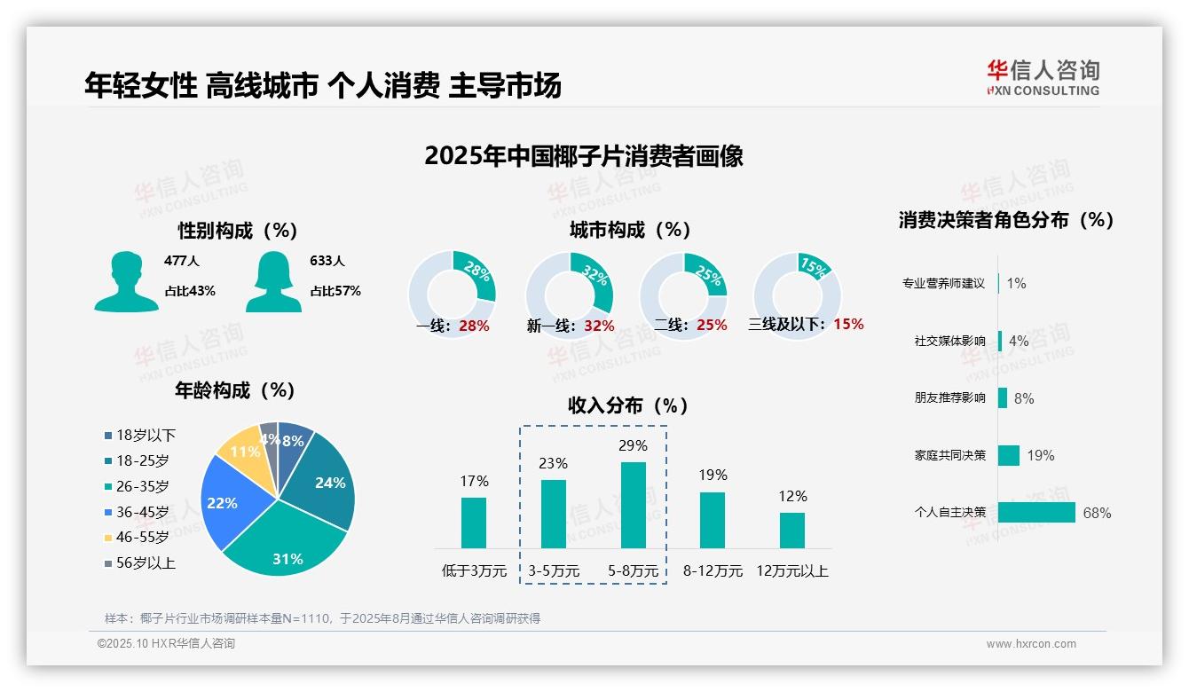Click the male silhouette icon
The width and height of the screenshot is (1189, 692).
click(126, 281)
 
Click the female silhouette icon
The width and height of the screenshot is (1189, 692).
click(273, 281)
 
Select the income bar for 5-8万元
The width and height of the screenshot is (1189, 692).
click(634, 505)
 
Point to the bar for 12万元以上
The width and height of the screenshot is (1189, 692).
click(792, 530)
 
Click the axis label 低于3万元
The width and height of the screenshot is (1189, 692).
click(474, 570)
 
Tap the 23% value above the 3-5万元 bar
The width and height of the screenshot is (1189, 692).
click(554, 463)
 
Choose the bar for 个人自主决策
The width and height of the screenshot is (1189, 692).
click(1036, 512)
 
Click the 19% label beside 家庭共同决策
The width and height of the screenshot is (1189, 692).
click(1041, 455)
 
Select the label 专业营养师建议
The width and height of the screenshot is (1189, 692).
click(943, 284)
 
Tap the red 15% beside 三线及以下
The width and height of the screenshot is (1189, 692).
click(848, 324)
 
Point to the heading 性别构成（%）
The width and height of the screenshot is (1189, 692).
click(237, 231)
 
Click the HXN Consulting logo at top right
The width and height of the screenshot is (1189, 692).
click(1043, 77)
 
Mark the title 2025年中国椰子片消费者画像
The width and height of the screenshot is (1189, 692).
click(583, 156)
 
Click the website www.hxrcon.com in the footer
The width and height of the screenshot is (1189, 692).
click(1031, 644)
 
